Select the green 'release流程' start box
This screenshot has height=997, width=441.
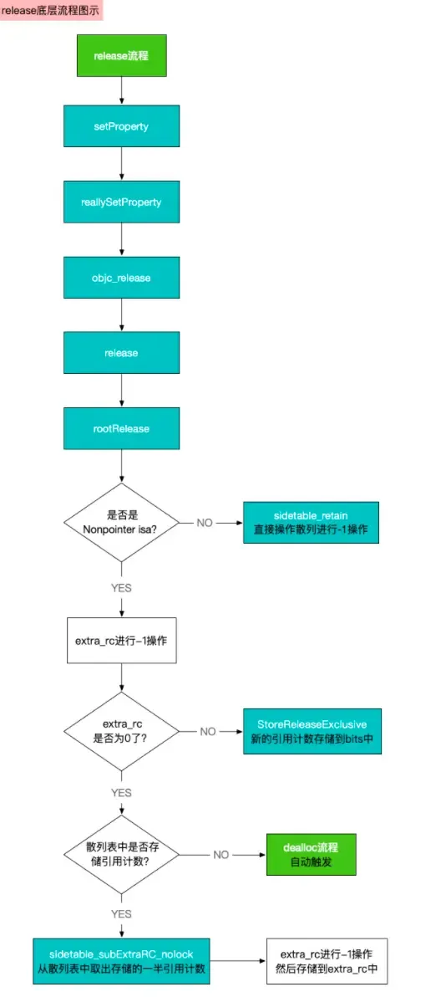pyautogui.click(x=122, y=57)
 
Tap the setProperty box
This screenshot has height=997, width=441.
pyautogui.click(x=122, y=126)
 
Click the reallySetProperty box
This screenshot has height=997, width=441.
pyautogui.click(x=122, y=202)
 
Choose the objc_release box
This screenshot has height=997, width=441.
pyautogui.click(x=122, y=277)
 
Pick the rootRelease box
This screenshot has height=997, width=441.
pyautogui.click(x=122, y=428)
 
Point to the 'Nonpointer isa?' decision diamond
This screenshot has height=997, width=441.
pyautogui.click(x=122, y=523)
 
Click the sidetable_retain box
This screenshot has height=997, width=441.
pyautogui.click(x=312, y=522)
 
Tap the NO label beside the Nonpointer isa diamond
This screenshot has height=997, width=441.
pyautogui.click(x=205, y=523)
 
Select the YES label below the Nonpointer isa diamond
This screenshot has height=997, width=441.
pyautogui.click(x=122, y=588)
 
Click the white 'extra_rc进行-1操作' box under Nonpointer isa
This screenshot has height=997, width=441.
pyautogui.click(x=122, y=639)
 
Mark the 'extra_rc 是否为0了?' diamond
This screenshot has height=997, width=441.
pyautogui.click(x=122, y=731)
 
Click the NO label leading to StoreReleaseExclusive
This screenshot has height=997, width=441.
pyautogui.click(x=208, y=731)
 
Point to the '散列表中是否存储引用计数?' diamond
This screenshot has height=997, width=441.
pyautogui.click(x=122, y=855)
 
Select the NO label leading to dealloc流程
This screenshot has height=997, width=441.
pyautogui.click(x=220, y=855)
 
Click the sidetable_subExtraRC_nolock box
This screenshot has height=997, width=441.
pyautogui.click(x=122, y=960)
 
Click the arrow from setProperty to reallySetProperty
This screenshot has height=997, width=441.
pyautogui.click(x=122, y=164)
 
